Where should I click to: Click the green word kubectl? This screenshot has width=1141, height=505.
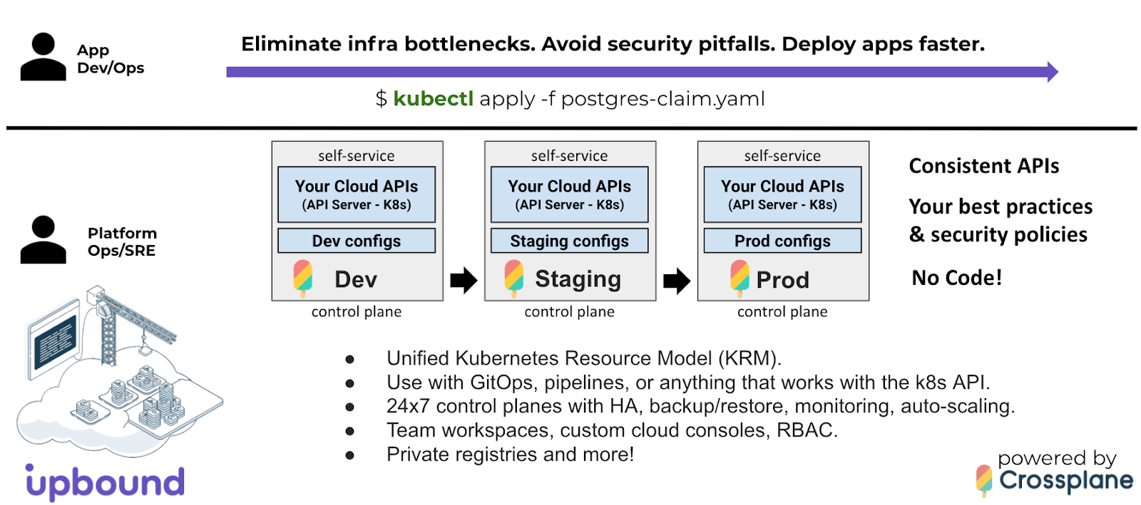434,99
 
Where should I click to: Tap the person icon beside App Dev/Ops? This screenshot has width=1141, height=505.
44,56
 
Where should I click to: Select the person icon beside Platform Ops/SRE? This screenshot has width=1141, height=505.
44,239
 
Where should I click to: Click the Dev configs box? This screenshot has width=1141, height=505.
357,241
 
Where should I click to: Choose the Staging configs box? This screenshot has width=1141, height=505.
570,241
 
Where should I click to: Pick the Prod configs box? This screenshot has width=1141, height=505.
782,241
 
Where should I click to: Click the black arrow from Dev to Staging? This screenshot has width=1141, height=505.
464,280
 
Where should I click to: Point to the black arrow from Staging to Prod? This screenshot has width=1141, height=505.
677,280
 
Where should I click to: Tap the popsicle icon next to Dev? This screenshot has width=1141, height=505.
302,278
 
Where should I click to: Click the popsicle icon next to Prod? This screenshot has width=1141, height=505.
740,278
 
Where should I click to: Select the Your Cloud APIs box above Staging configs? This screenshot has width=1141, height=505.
570,194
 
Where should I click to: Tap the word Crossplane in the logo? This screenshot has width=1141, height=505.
1066,480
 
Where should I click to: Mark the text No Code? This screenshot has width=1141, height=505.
956,278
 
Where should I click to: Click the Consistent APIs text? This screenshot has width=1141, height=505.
984,166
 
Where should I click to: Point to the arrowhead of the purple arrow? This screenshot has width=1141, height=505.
1053,72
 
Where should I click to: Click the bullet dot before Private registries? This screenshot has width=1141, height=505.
349,455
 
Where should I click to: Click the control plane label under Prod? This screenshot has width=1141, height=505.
782,312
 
